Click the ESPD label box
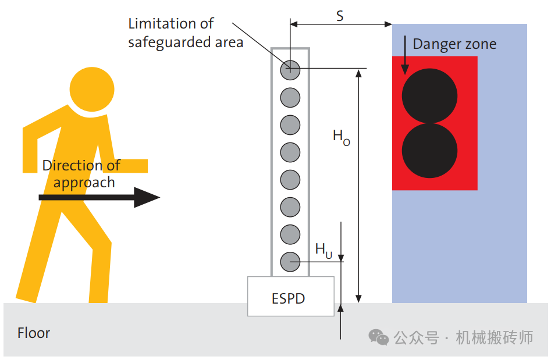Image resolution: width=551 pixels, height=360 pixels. click(290, 296)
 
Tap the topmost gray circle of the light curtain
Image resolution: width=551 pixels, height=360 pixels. click(290, 70)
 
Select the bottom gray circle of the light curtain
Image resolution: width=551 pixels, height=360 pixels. click(290, 262)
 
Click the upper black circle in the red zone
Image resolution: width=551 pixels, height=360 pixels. click(429, 96)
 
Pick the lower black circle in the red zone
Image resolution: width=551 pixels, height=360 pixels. click(429, 150)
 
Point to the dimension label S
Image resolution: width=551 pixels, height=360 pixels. click(340, 16)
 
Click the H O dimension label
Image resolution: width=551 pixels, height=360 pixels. click(341, 137)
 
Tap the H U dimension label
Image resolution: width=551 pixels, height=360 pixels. click(324, 251)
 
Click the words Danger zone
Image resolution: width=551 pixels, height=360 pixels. click(454, 44)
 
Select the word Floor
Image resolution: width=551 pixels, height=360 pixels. click(34, 333)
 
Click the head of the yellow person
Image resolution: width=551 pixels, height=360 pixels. click(92, 89)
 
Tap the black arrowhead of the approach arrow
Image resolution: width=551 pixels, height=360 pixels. click(147, 197)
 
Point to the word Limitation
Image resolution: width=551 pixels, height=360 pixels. click(162, 23)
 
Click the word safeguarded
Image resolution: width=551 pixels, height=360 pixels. click(169, 42)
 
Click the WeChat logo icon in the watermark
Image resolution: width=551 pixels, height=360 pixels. click(378, 337)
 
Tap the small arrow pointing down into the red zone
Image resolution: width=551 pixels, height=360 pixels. click(405, 55)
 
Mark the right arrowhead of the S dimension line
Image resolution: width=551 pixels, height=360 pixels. click(388, 24)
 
